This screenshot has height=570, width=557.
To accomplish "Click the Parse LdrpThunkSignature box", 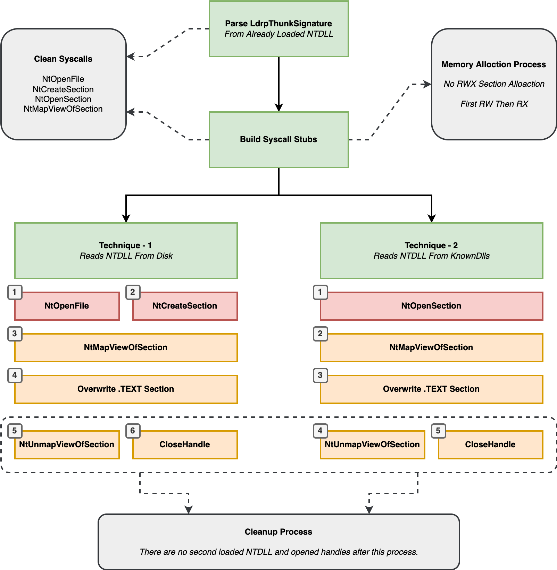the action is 278,29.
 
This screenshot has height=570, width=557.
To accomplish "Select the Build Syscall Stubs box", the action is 278,140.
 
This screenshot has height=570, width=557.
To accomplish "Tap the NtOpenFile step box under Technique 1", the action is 67,306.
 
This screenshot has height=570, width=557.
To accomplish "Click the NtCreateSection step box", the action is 185,306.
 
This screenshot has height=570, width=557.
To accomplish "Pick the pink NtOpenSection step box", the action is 432,306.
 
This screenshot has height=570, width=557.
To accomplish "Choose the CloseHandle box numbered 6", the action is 185,445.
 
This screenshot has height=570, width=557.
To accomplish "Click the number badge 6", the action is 133,431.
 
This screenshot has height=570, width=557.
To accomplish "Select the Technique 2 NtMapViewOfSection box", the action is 432,348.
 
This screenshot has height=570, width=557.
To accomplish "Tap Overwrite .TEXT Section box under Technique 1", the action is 126,389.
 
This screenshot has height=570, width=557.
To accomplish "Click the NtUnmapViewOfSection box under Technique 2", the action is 373,445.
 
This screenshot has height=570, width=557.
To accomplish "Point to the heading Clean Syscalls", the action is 63,59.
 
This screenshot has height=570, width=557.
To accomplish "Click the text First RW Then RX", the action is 494,104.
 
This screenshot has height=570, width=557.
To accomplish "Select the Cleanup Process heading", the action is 278,532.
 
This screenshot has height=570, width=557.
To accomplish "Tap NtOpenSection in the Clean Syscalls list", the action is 63,99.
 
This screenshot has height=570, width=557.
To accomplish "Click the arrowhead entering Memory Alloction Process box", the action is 427,84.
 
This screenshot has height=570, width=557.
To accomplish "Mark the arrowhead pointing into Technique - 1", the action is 126,218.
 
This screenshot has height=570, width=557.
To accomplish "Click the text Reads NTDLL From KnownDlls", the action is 432,256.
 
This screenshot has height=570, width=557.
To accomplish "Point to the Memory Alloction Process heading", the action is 494,64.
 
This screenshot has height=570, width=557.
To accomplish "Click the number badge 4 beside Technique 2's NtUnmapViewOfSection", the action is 320,431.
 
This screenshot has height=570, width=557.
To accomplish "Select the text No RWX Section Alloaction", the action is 494,84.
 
